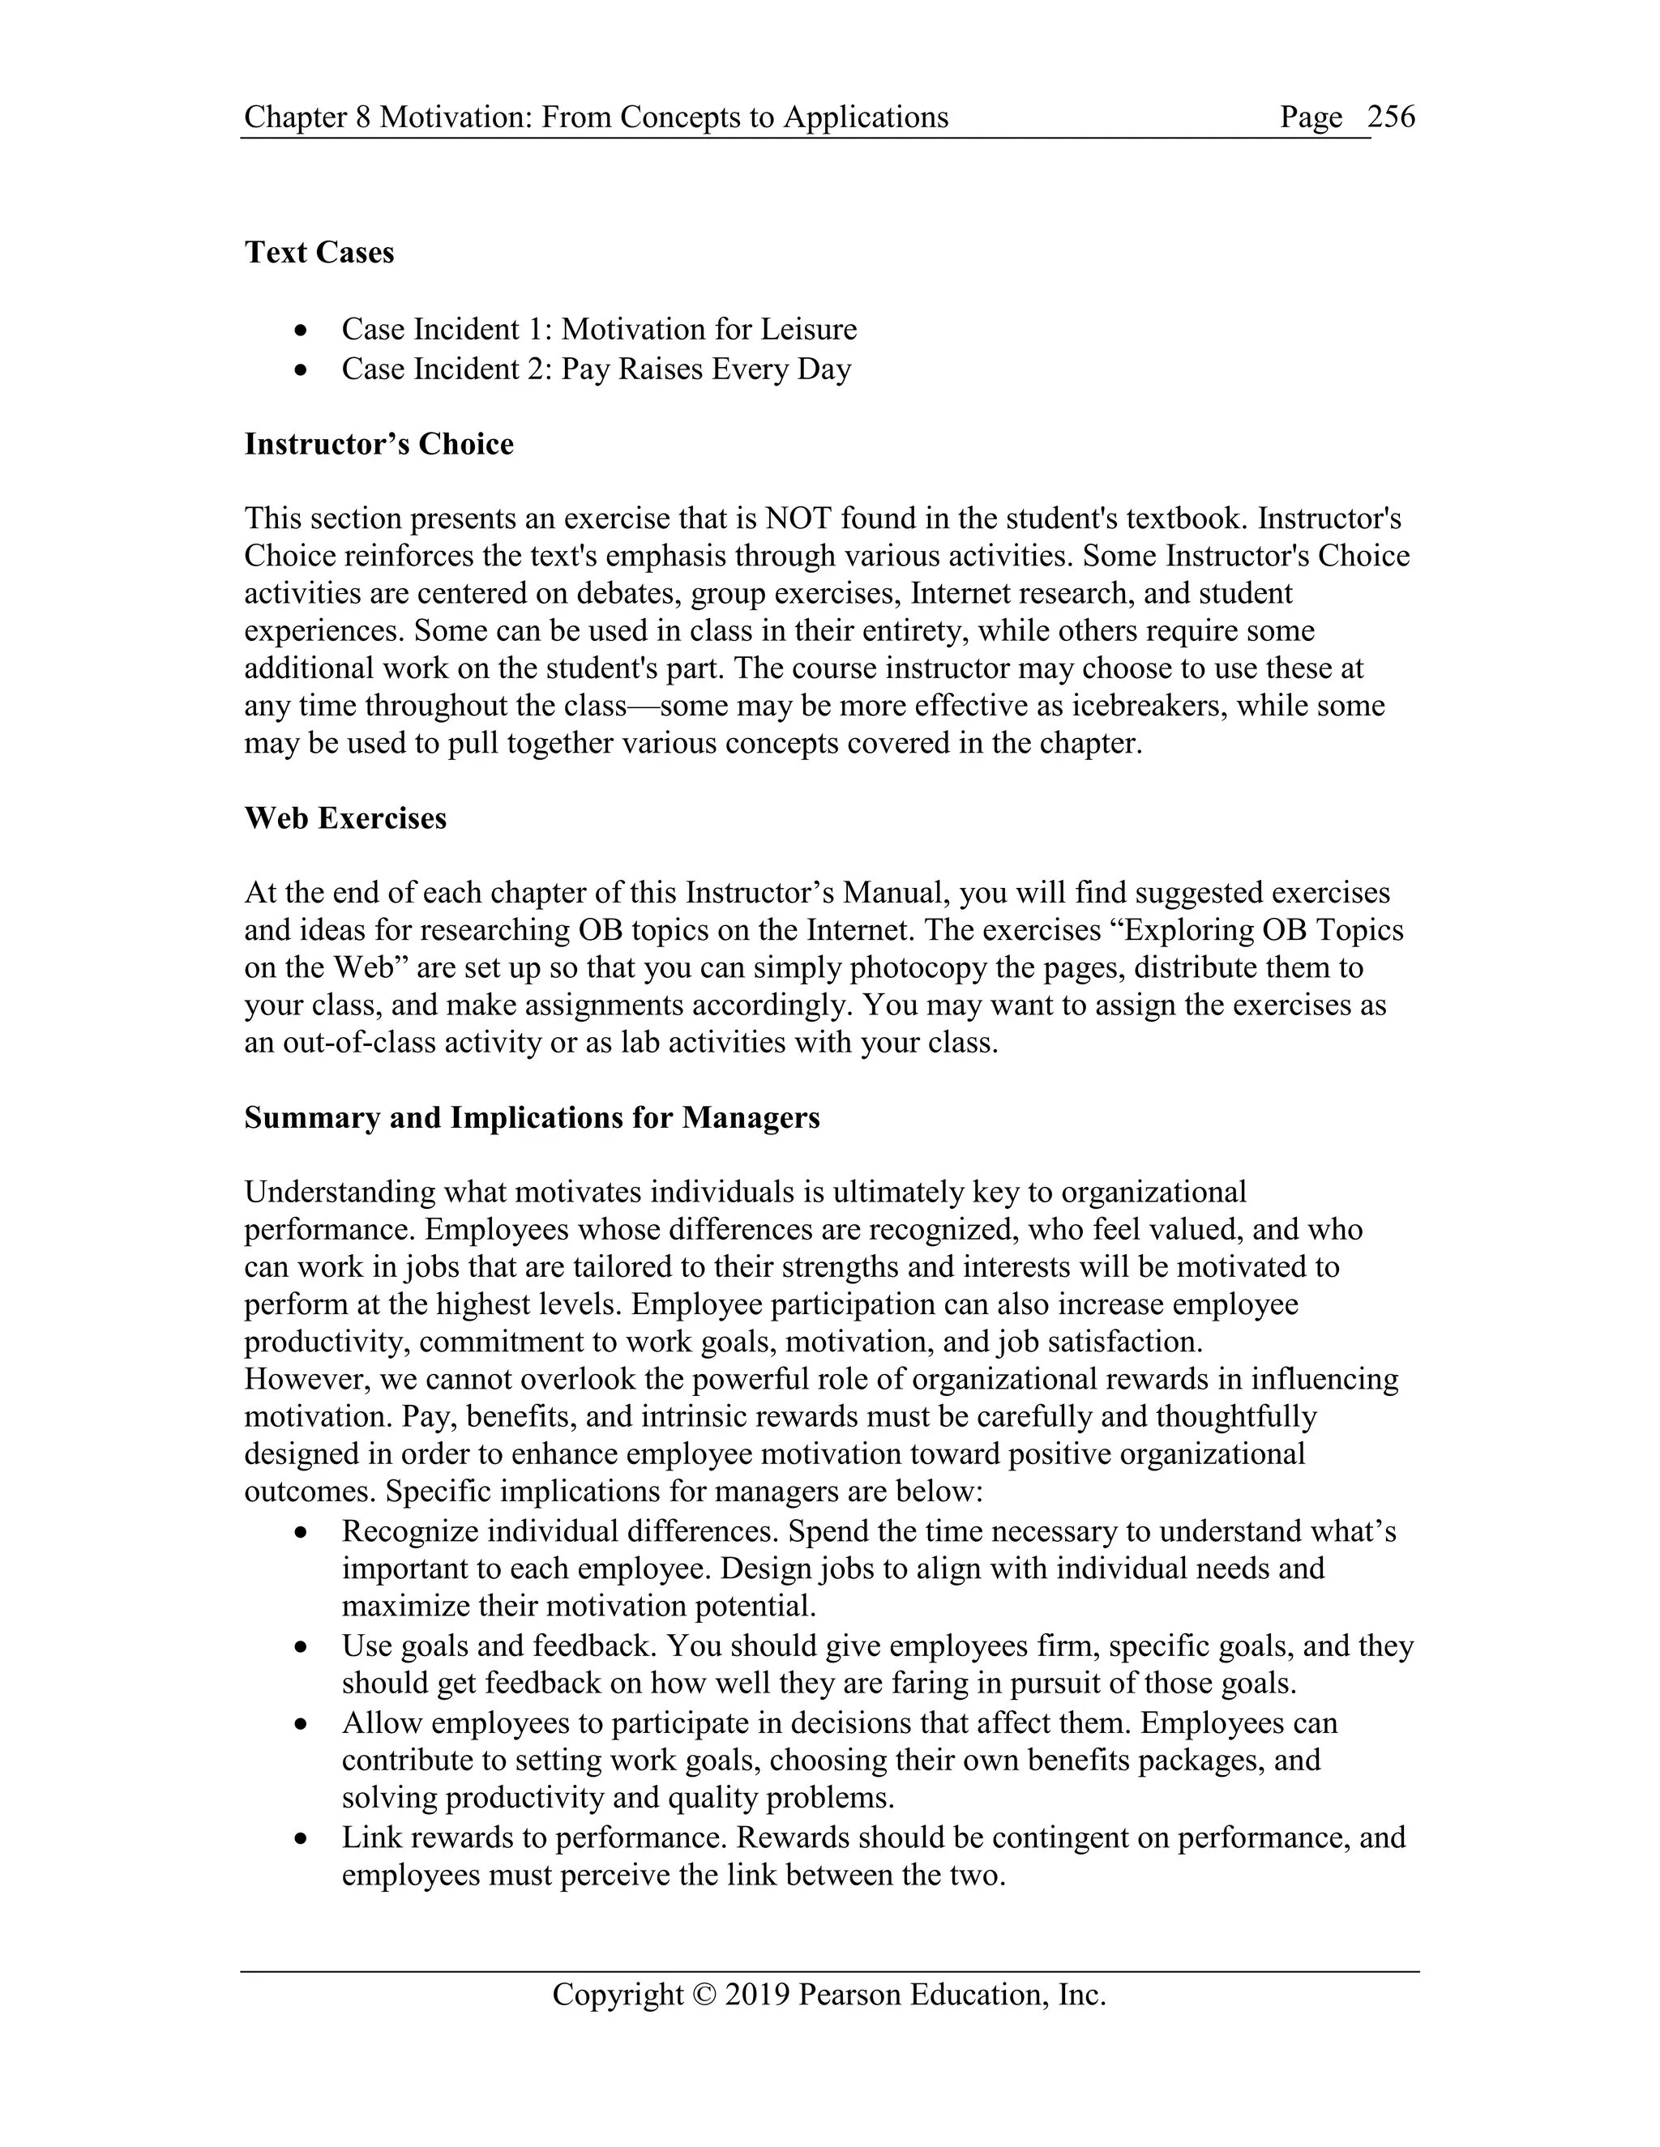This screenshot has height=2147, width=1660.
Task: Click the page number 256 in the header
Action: click(x=1391, y=117)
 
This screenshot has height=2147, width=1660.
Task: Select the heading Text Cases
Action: click(x=319, y=253)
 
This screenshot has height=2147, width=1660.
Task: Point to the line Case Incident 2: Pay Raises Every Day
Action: click(x=595, y=369)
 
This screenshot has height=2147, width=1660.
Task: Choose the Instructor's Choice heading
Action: click(x=379, y=444)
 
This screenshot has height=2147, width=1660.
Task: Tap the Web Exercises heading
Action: click(x=345, y=818)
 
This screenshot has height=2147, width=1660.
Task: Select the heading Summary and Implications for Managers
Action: click(x=531, y=1118)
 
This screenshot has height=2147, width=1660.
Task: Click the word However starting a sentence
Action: click(x=304, y=1379)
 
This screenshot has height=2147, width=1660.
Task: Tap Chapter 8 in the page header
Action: click(x=307, y=117)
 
